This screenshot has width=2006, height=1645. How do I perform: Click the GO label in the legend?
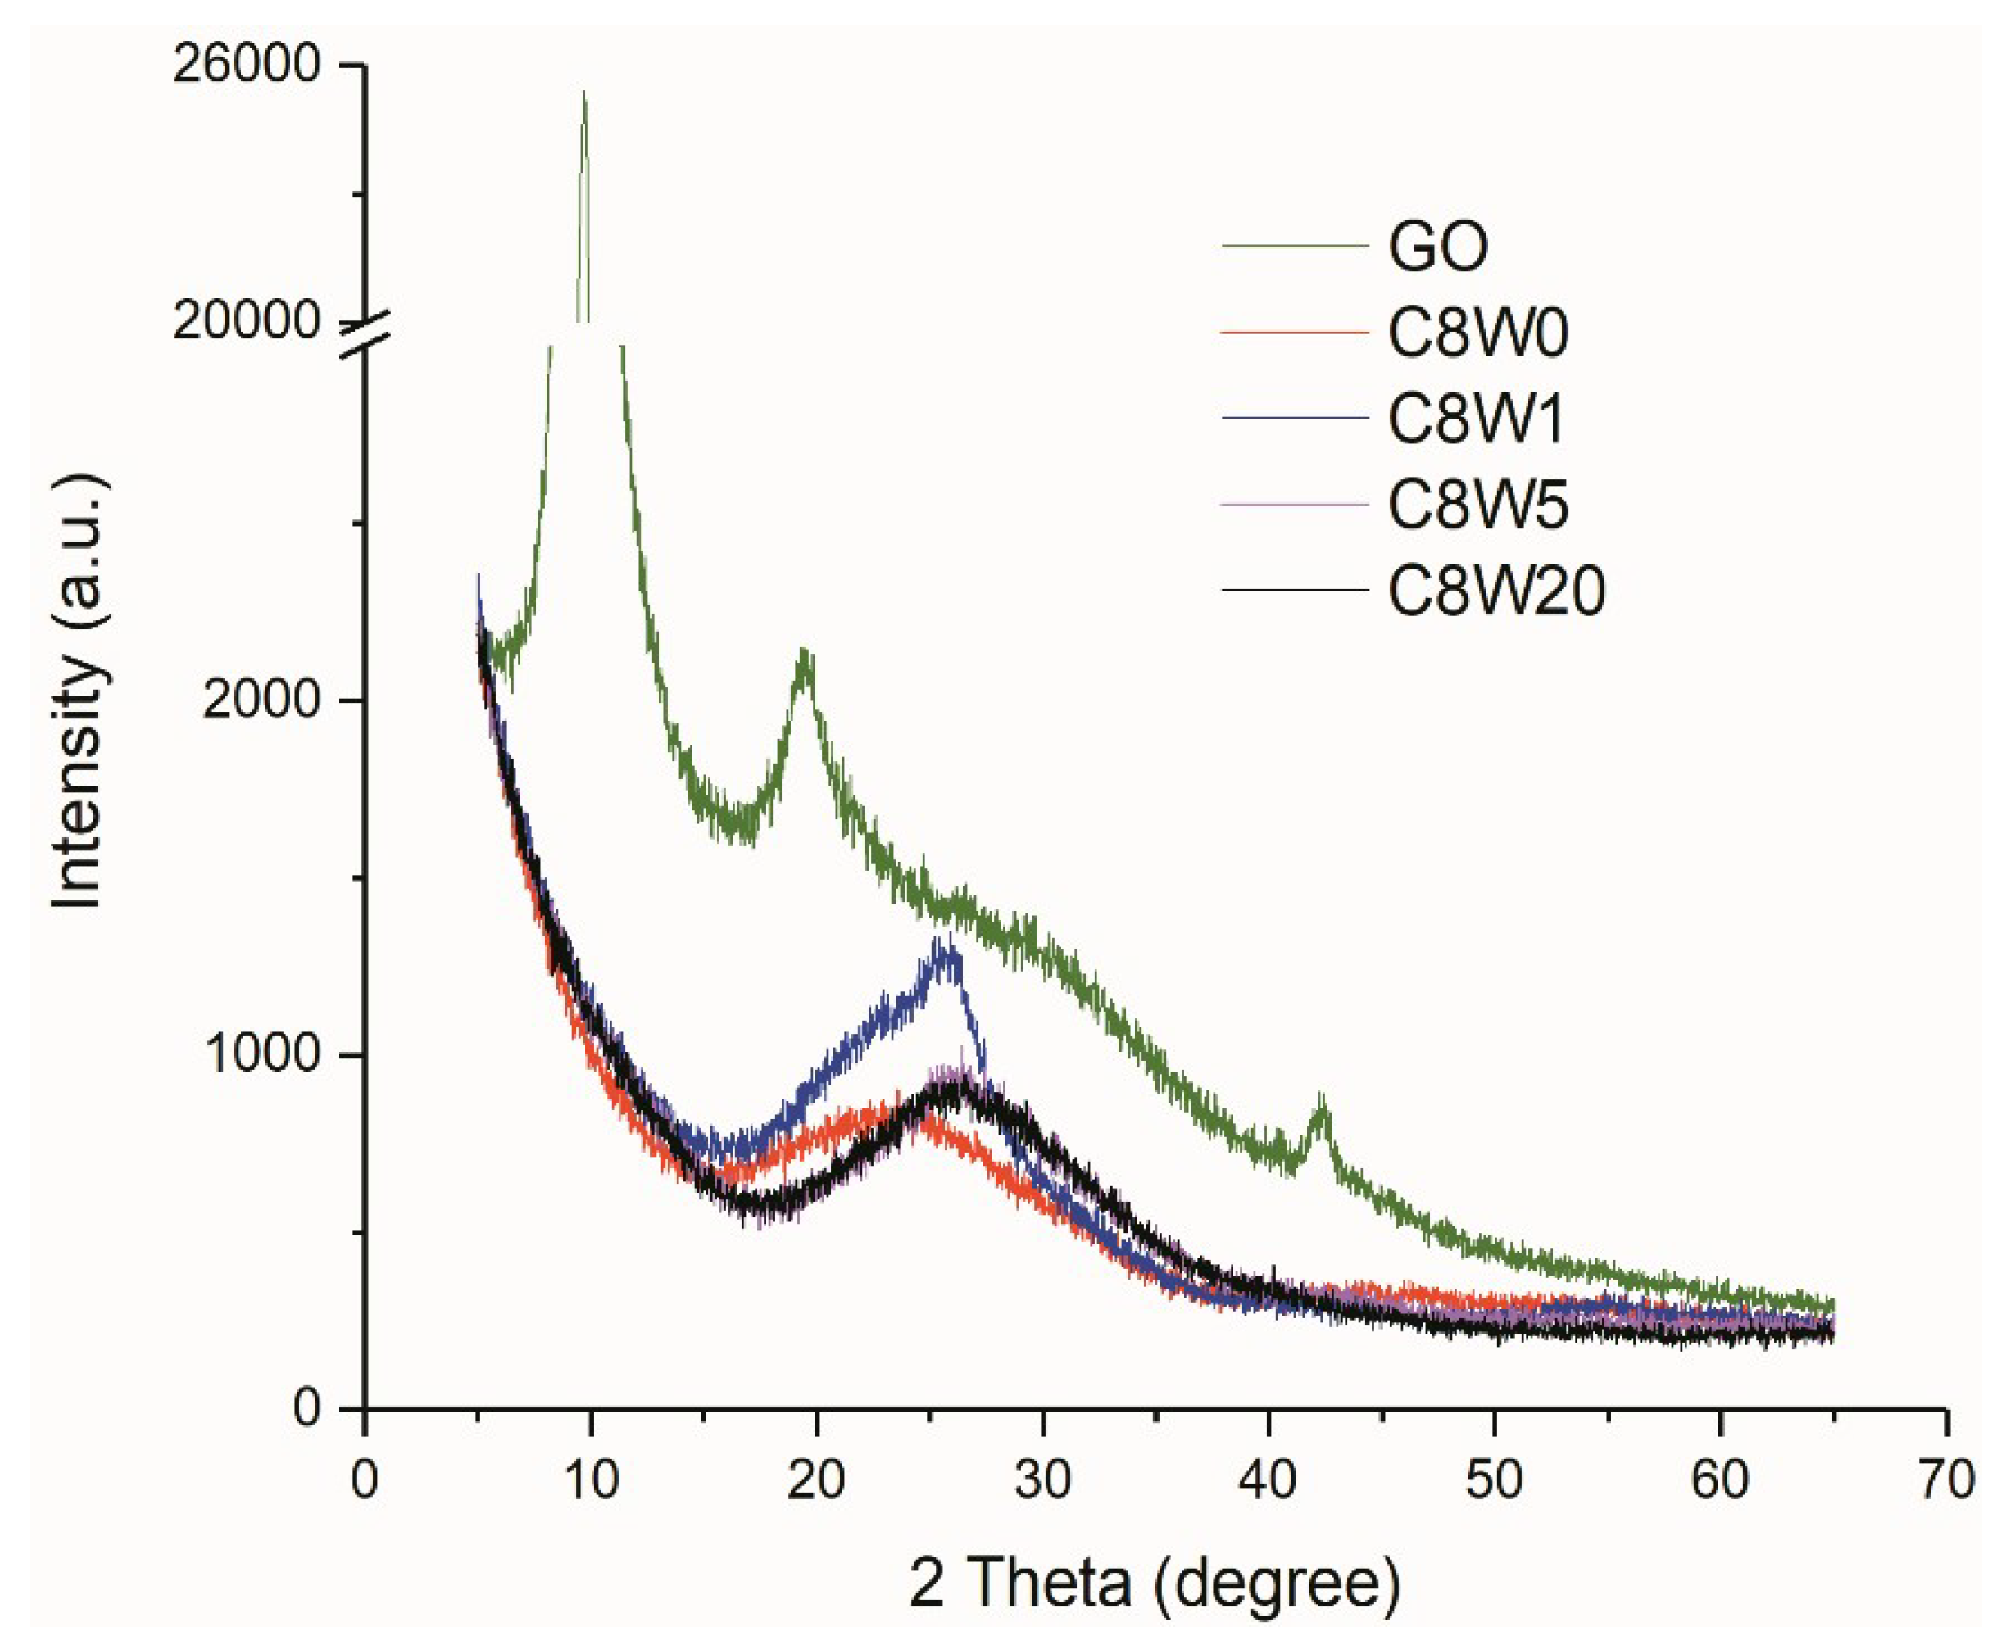(x=1437, y=247)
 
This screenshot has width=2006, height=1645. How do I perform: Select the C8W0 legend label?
(x=1478, y=333)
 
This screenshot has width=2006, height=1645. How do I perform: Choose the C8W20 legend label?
(x=1496, y=591)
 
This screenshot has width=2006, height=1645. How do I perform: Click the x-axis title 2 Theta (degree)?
(x=1154, y=1584)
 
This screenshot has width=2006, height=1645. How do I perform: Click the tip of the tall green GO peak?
(x=583, y=93)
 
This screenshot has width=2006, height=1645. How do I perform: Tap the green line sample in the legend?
(x=1295, y=247)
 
